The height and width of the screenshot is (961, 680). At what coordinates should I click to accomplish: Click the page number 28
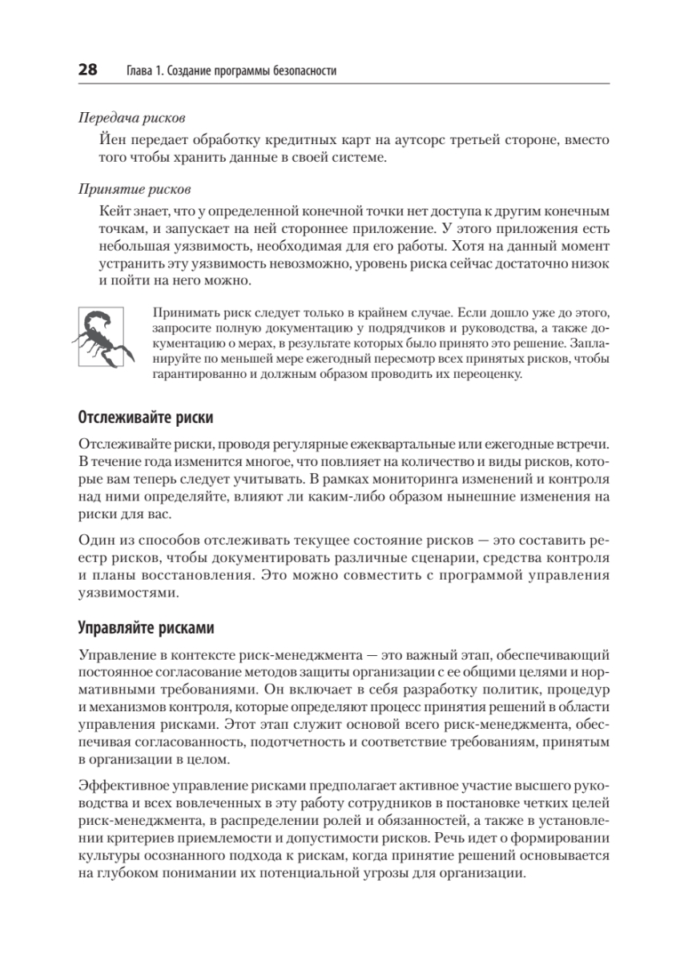click(87, 70)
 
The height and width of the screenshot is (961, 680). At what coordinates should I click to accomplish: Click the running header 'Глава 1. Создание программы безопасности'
click(231, 70)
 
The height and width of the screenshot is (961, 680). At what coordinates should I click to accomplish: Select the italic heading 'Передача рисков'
click(131, 118)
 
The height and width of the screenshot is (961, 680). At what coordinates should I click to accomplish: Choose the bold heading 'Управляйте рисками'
click(146, 626)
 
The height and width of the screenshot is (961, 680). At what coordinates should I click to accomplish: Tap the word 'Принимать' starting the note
click(181, 311)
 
